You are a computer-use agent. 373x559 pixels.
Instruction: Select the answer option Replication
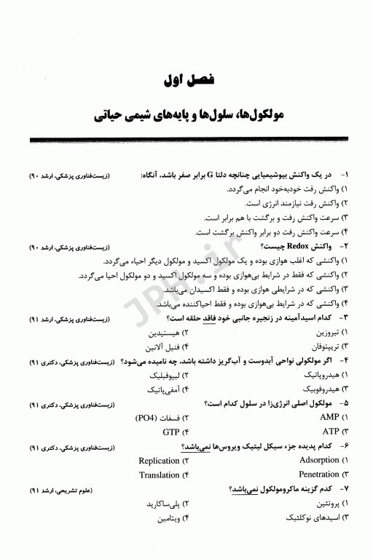coord(159,460)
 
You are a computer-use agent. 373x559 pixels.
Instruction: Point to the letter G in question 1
coord(210,176)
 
